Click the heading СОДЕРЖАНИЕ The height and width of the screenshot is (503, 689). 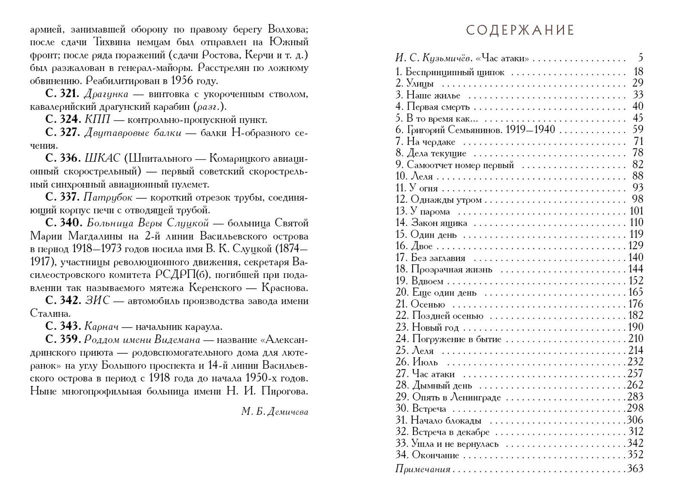(520, 30)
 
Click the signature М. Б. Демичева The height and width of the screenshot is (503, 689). (275, 412)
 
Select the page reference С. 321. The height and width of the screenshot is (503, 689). (62, 94)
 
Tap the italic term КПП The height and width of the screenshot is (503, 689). (98, 120)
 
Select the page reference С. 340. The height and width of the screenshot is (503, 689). (63, 223)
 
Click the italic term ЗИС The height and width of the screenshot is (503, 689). (97, 301)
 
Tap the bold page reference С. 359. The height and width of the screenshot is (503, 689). (63, 339)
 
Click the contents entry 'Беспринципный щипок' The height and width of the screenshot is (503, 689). (455, 72)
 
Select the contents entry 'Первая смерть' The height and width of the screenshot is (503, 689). (438, 107)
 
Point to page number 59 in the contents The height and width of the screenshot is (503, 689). (638, 130)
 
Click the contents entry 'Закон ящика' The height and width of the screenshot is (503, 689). (439, 223)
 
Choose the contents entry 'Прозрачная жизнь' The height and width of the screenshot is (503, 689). (451, 269)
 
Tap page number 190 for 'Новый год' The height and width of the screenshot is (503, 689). (635, 327)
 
